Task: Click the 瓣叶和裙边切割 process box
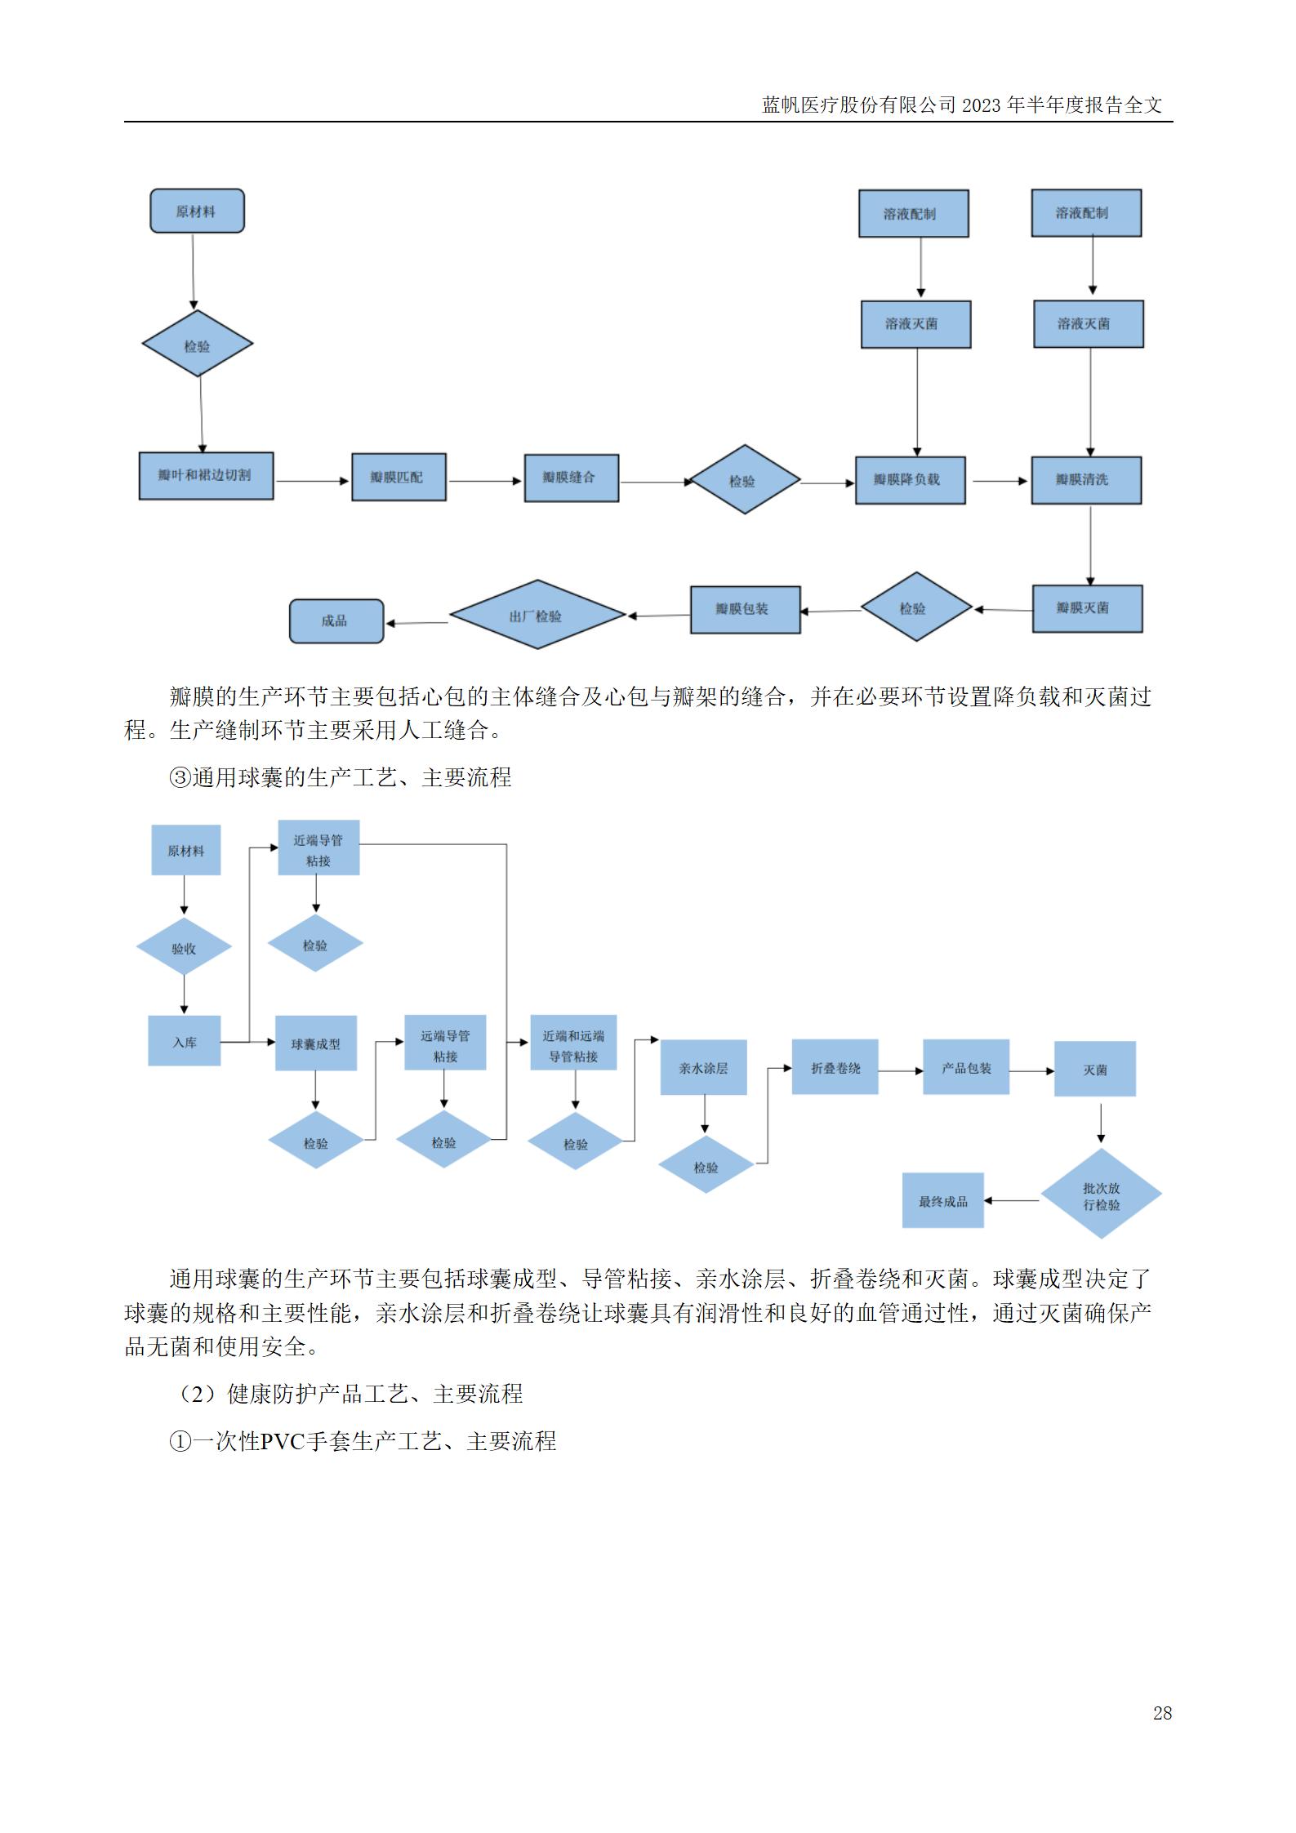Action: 206,476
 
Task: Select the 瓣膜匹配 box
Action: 399,478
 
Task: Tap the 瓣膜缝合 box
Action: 571,478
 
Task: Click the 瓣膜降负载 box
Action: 910,480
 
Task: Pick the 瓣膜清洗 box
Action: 1085,480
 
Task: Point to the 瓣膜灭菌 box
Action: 1086,608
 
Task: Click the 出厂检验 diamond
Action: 537,616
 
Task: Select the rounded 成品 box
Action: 336,621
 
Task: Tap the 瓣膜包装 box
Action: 745,609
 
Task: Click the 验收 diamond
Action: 184,948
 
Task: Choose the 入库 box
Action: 185,1042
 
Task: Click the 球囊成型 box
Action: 316,1043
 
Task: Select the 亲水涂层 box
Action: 703,1068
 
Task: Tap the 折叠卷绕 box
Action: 835,1067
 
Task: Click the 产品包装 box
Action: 966,1067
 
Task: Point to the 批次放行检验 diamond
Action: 1101,1196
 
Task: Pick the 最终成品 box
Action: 942,1200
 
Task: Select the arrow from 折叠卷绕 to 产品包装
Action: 900,1070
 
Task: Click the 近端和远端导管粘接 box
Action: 573,1045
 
